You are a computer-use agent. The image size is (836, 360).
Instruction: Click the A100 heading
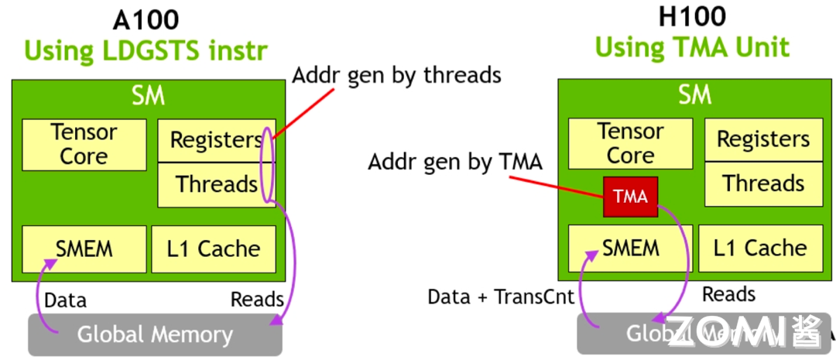click(146, 20)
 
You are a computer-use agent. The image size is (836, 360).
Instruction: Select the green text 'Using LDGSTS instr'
click(146, 50)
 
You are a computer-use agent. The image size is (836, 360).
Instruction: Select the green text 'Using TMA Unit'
click(692, 47)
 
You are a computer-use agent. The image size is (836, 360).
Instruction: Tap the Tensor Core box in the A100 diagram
click(84, 145)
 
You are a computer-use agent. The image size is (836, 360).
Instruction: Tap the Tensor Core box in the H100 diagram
click(630, 144)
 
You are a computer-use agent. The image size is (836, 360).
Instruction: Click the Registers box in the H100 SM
click(763, 139)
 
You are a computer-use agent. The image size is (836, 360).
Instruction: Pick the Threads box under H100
click(763, 183)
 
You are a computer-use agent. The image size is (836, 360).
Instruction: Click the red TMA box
click(630, 197)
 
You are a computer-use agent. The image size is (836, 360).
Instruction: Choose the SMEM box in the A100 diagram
click(84, 249)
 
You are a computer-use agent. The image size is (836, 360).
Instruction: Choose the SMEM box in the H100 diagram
click(630, 248)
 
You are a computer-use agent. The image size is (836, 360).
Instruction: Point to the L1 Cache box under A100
click(213, 249)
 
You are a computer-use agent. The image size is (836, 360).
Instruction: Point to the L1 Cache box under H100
click(759, 248)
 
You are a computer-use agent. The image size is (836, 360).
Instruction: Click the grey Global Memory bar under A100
click(155, 334)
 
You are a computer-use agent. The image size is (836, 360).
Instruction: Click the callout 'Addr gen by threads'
click(396, 75)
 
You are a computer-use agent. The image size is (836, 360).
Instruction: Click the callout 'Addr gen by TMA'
click(455, 163)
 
